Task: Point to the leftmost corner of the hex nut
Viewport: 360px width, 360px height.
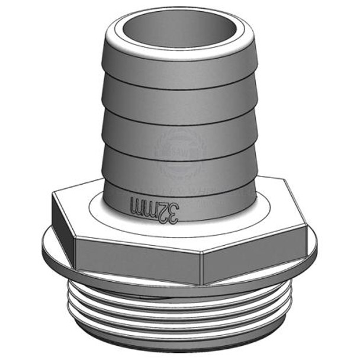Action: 52,198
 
